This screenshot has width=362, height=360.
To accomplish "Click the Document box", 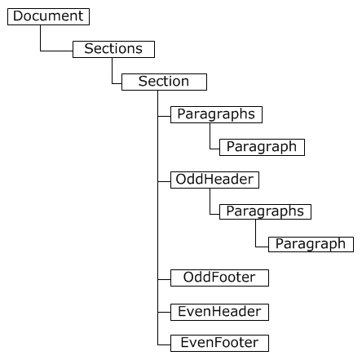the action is coord(48,16).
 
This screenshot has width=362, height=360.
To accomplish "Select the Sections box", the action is coord(113,49).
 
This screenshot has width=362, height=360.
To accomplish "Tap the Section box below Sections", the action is coord(164,82).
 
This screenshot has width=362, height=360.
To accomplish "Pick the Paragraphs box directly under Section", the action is coord(216,114).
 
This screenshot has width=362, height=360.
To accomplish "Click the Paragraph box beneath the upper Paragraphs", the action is coord(262,147).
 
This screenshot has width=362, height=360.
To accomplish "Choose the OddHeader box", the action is coord(214,180).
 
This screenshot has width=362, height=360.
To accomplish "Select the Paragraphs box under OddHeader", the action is coord(265,211).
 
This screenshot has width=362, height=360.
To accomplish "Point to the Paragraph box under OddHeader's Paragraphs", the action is coord(311,244).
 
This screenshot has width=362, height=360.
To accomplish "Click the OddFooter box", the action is coord(219,278).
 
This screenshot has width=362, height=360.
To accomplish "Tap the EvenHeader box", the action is coord(219,312).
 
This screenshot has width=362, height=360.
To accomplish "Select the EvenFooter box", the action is coord(219,343).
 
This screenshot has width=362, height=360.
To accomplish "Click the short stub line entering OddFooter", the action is coord(164,279).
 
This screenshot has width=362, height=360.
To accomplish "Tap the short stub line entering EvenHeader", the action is coord(164,312).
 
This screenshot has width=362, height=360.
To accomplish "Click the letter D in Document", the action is coord(18,16).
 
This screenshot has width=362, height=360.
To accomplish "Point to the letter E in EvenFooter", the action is coord(184,342).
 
